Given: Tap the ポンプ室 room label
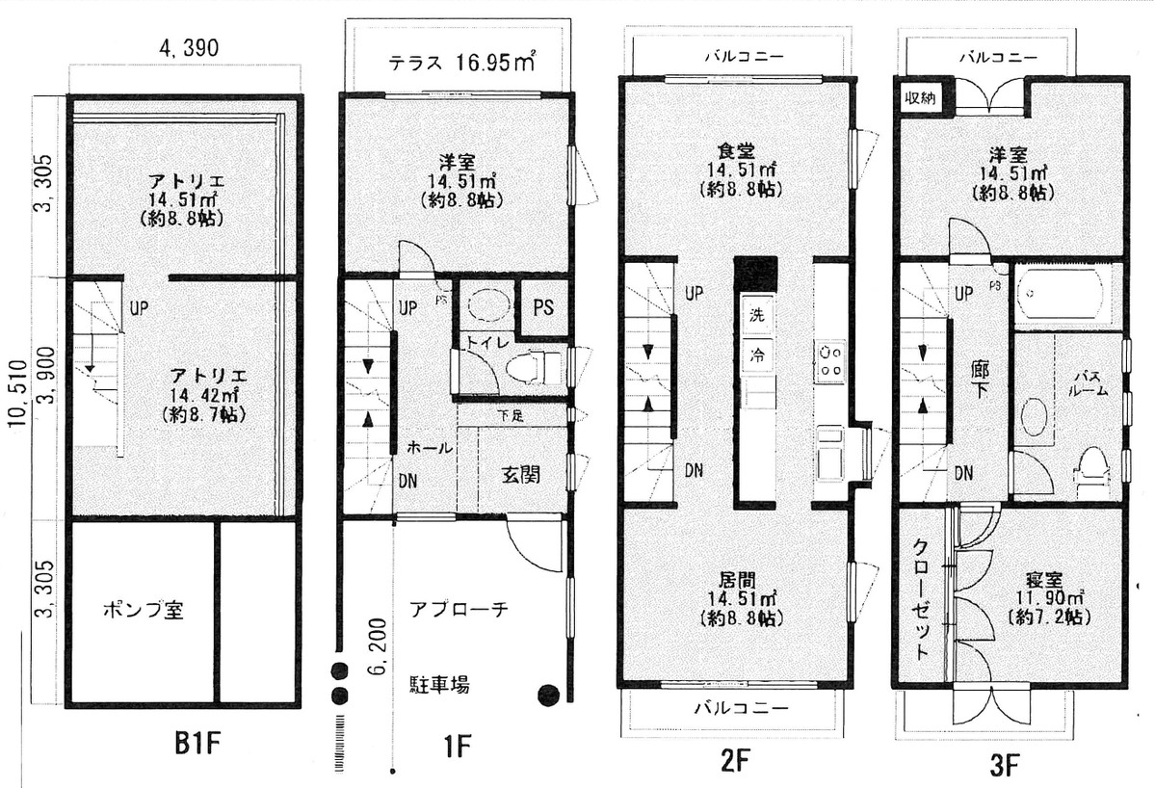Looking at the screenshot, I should [x=144, y=611].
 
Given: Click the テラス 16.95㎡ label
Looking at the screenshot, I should [x=461, y=64].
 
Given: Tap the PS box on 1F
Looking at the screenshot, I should [x=542, y=308].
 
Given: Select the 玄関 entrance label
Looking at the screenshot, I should [x=520, y=475].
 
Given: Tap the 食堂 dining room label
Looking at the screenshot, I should [x=735, y=151].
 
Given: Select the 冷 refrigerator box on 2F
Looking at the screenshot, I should [x=757, y=355].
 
